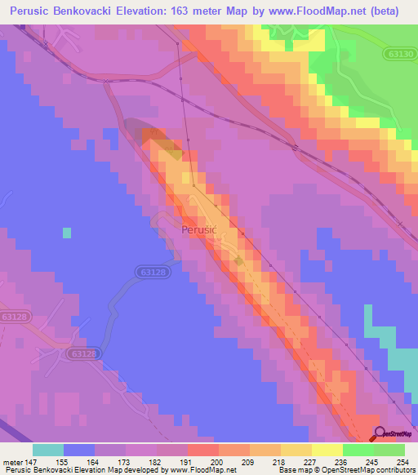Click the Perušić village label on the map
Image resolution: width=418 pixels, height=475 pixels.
point(198,230)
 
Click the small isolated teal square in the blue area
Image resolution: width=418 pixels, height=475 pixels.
point(66,232)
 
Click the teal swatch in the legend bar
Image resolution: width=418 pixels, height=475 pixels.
point(48,450)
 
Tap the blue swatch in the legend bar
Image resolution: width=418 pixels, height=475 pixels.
point(79,450)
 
